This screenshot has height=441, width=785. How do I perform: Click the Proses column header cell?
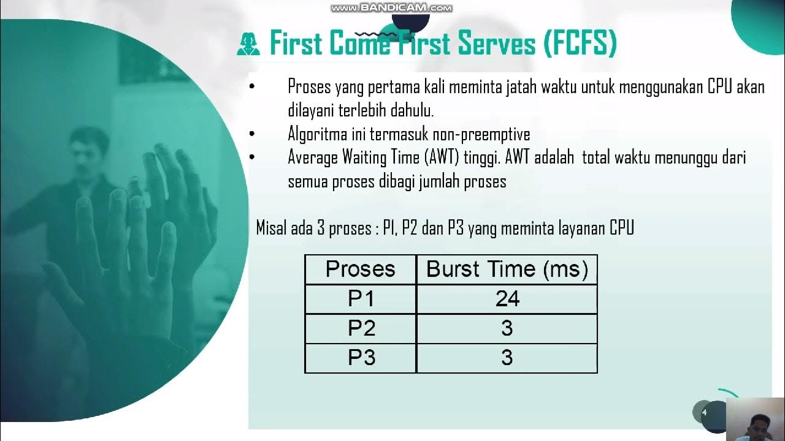(361, 269)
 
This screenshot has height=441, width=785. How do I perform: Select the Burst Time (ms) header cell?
(507, 269)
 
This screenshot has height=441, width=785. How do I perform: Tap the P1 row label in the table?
(361, 299)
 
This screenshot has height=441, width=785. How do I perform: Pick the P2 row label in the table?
(361, 329)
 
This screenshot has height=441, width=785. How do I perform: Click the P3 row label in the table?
(361, 358)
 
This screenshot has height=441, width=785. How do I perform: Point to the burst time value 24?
(507, 299)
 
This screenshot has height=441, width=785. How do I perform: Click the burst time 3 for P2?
(507, 329)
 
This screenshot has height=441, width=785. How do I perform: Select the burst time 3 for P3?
(507, 358)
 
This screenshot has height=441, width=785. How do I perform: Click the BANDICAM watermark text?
(391, 8)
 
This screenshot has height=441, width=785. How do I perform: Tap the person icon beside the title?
(249, 45)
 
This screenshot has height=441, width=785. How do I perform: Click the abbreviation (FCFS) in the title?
(579, 44)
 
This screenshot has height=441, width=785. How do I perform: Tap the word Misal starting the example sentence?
(270, 229)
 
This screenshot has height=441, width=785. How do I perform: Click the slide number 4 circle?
(704, 412)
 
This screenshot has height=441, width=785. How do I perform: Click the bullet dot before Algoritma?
(252, 134)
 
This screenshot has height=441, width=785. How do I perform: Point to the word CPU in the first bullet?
(719, 87)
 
